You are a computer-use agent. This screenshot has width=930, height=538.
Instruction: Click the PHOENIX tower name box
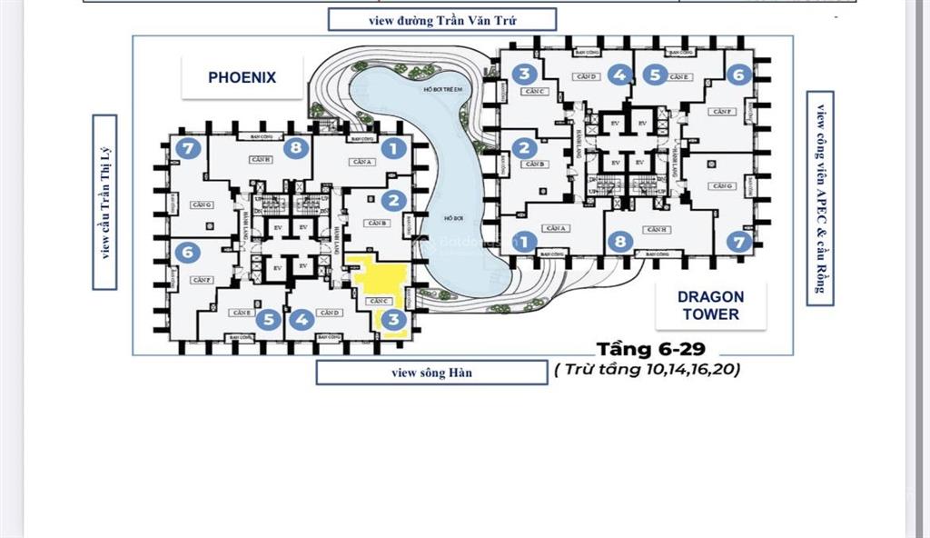point(242,77)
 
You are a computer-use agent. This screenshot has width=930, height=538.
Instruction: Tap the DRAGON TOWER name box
point(709,305)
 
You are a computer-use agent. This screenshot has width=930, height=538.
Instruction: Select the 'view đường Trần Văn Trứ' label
point(442,20)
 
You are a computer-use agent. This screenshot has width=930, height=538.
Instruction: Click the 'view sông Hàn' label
point(431,373)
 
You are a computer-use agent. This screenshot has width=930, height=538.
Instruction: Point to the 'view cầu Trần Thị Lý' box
point(104,202)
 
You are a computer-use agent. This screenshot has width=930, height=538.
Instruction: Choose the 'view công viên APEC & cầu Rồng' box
point(820,198)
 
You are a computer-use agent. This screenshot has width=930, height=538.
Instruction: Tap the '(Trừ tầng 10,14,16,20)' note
point(648,370)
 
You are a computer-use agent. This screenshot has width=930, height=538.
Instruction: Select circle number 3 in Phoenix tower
point(392,320)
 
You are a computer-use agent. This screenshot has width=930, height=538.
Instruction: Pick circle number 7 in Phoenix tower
point(188,149)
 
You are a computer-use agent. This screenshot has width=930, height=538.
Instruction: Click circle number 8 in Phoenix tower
point(296,148)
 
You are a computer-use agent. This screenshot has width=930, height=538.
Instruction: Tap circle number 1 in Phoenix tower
point(392,149)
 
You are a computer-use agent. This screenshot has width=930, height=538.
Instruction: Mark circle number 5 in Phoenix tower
point(267,320)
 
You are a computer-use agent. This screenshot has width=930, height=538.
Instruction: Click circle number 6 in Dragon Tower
point(738,75)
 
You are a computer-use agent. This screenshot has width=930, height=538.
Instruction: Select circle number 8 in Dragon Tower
point(620,242)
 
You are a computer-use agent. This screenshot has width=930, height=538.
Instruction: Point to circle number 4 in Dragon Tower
point(619,75)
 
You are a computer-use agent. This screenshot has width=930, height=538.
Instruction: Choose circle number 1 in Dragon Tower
point(523,242)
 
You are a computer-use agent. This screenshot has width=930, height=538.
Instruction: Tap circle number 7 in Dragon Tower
point(738,242)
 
